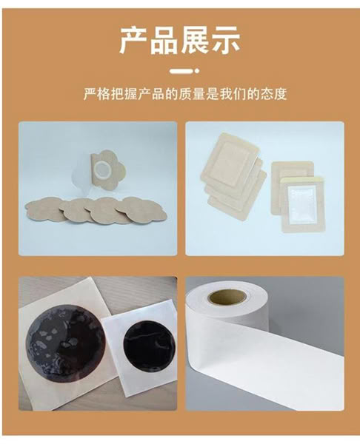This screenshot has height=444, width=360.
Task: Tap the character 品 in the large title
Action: (164, 40)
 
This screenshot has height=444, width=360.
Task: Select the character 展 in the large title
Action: (195, 40)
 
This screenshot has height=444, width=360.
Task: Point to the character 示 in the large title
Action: (226, 40)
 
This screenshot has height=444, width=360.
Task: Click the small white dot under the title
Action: (197, 71)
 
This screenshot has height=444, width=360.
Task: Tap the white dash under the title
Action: (179, 71)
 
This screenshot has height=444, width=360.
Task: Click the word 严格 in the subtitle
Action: (96, 94)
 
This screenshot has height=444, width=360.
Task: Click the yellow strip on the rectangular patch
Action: (303, 178)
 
